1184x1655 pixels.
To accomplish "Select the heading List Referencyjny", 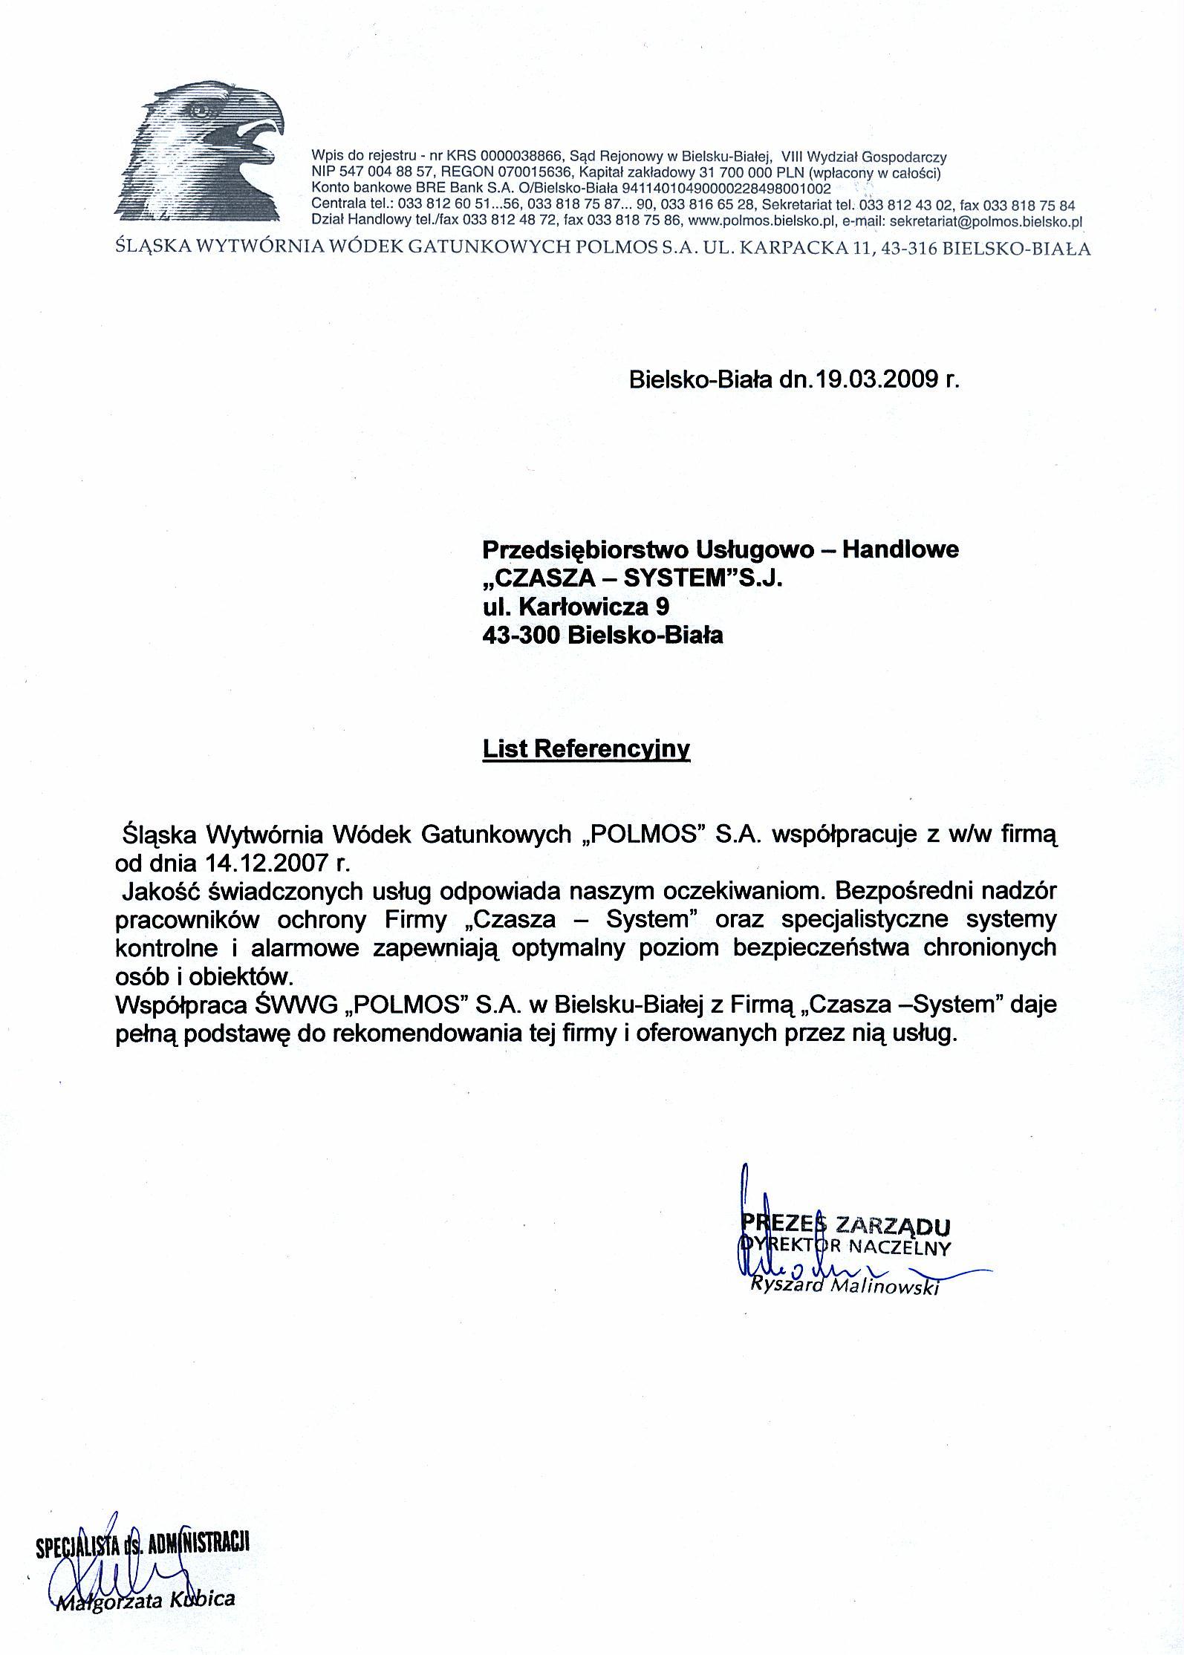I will [x=586, y=748].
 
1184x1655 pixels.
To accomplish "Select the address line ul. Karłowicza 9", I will [x=576, y=607].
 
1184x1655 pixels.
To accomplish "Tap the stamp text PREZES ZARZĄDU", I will [x=845, y=1224].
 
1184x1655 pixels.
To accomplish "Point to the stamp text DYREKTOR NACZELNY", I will [x=845, y=1247].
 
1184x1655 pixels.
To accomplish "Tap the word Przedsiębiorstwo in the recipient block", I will [x=585, y=549].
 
